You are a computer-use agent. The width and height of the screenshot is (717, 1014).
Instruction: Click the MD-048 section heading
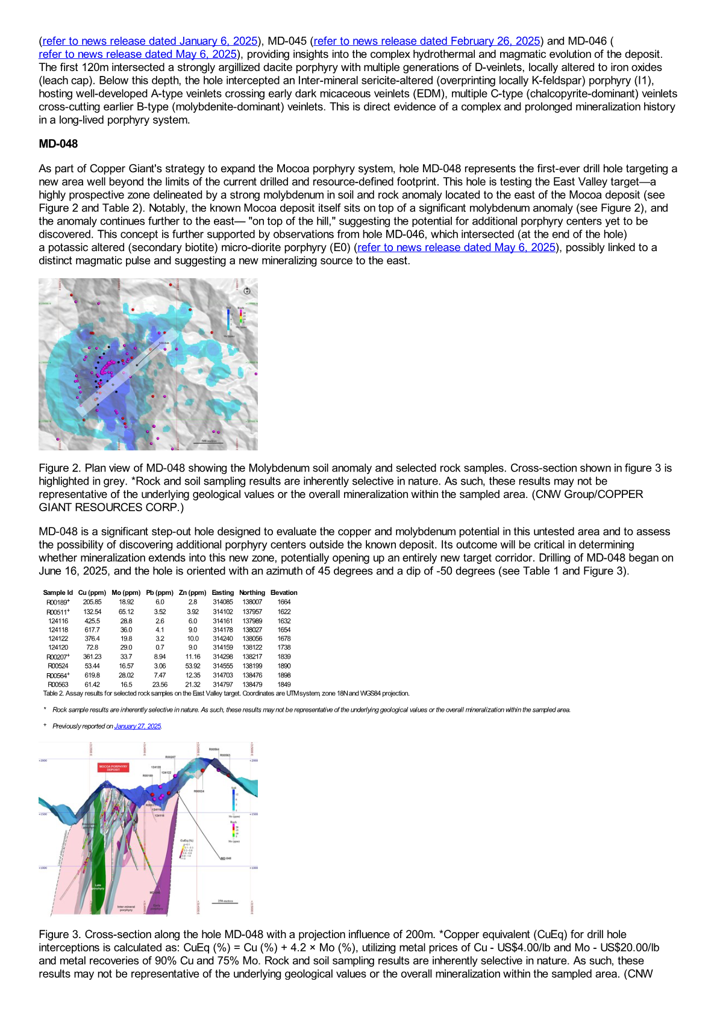coord(58,144)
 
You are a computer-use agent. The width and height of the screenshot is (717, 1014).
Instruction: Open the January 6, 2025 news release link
coord(150,41)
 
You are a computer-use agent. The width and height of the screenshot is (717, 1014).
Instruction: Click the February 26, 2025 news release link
coord(427,41)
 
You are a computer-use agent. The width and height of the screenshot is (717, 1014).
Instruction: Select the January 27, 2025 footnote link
coord(137,726)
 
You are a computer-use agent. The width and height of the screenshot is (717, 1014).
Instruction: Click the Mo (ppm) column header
coord(126,593)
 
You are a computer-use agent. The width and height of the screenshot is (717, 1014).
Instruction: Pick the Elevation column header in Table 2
coord(284,593)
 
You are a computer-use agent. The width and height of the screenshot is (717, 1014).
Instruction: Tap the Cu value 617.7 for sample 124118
coord(92,630)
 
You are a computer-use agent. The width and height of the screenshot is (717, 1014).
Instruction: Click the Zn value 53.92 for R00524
coord(193,666)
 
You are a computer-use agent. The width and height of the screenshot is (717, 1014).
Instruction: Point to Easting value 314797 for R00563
coord(223,685)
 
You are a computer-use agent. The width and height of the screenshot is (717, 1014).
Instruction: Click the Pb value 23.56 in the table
coord(160,685)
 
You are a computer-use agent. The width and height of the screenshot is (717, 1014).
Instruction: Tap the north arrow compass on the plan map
coord(247,291)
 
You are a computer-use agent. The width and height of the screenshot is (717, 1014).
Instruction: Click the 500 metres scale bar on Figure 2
coord(208,442)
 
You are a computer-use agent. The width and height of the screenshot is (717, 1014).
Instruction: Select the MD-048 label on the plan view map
coord(164,343)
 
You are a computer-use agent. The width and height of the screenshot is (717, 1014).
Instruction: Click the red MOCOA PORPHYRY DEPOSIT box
coord(113,768)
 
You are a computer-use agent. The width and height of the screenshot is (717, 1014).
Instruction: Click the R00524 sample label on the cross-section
coord(199,791)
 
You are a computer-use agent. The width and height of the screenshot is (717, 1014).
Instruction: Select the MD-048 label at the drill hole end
coord(226,858)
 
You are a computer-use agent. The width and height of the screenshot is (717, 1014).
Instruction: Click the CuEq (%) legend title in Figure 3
coord(187,840)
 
